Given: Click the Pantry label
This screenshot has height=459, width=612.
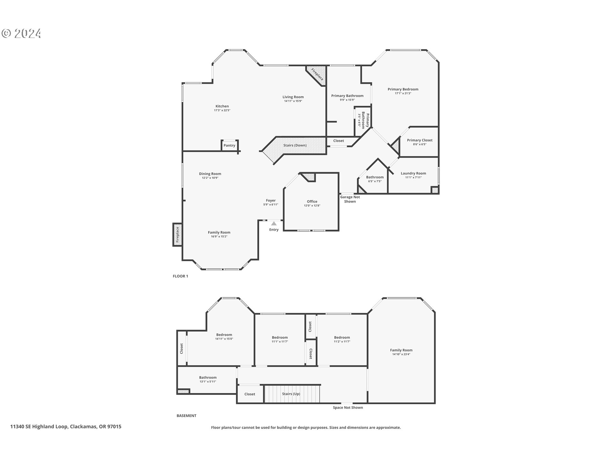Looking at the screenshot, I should pyautogui.click(x=229, y=145).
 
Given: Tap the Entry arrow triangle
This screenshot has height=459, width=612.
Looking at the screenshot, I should pyautogui.click(x=274, y=223).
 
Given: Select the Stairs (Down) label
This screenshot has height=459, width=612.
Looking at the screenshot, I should pyautogui.click(x=295, y=145).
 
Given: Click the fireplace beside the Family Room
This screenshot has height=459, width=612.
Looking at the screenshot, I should pyautogui.click(x=178, y=235).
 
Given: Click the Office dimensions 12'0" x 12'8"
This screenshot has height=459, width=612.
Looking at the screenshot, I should pyautogui.click(x=312, y=206).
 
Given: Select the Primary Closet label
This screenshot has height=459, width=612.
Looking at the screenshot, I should pyautogui.click(x=419, y=140).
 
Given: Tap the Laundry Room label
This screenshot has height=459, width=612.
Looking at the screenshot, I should pyautogui.click(x=413, y=173).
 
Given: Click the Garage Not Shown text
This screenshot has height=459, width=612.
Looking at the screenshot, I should pyautogui.click(x=350, y=199).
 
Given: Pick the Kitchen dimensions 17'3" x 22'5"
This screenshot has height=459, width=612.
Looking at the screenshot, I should pyautogui.click(x=222, y=110).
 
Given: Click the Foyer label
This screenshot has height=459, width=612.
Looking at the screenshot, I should pyautogui.click(x=271, y=200).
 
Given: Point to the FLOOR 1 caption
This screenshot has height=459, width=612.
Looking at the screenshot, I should pyautogui.click(x=180, y=276).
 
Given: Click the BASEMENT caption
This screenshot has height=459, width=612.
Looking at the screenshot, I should pyautogui.click(x=186, y=416).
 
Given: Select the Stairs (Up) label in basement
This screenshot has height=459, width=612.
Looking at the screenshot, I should pyautogui.click(x=291, y=394).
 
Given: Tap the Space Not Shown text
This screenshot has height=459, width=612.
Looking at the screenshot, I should pyautogui.click(x=348, y=407).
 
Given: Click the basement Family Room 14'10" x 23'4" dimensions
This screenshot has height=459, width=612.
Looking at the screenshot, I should pyautogui.click(x=401, y=354).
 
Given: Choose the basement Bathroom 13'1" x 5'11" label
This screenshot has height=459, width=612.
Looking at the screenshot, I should pyautogui.click(x=208, y=377).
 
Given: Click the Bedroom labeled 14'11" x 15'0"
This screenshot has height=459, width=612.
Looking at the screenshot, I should pyautogui.click(x=224, y=335).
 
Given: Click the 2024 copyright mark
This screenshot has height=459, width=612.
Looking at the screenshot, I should pyautogui.click(x=22, y=33).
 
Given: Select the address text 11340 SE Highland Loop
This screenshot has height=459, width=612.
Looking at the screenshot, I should pyautogui.click(x=39, y=426).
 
